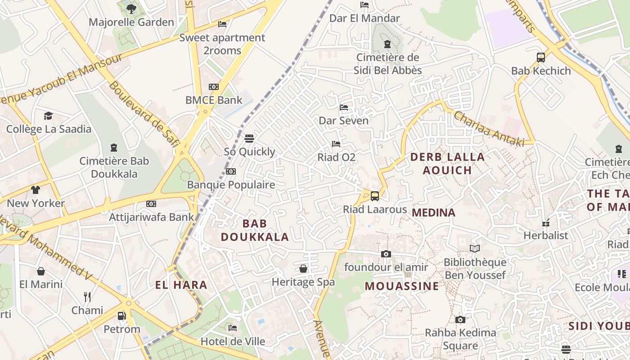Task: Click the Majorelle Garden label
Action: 131,22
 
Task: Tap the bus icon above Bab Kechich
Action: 541,58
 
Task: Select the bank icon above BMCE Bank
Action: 214,87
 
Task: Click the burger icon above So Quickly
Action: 249,138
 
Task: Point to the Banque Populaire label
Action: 231,184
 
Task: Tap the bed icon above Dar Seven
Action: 344,108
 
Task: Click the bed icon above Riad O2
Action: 336,144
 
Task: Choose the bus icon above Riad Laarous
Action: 374,196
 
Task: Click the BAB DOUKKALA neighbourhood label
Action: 255,230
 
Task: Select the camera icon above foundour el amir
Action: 386,254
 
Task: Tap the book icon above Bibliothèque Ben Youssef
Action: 475,249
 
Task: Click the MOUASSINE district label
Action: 402,286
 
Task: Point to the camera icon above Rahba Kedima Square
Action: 460,320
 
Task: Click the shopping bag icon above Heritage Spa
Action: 303,269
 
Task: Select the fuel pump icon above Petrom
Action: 121,316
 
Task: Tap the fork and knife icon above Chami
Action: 87,297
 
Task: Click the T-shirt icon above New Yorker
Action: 36,190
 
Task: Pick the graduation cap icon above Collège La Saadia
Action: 48,116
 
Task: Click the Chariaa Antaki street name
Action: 489,128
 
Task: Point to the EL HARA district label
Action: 181,285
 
